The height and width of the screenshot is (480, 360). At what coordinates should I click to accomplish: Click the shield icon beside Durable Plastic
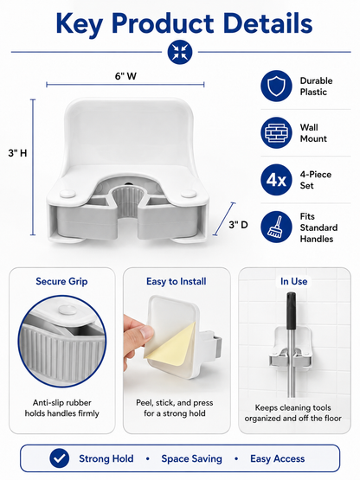[276, 86]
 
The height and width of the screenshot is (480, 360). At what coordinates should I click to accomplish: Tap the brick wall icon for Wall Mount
[276, 132]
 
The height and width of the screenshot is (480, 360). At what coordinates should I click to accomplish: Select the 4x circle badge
[276, 180]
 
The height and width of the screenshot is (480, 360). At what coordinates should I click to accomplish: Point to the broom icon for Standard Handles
[276, 227]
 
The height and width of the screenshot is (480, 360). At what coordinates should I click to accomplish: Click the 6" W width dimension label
[125, 76]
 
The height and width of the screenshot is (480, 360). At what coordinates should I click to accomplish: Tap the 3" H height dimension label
[17, 153]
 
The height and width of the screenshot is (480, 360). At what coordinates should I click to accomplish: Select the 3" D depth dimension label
[238, 225]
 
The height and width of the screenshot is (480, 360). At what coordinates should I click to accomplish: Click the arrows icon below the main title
[180, 52]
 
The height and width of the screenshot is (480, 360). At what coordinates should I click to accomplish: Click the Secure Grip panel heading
[61, 281]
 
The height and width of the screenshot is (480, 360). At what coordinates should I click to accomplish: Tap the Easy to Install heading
[177, 281]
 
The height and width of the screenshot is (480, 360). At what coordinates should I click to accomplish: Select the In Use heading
[294, 281]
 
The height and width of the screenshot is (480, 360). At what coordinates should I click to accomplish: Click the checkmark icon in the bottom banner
[60, 458]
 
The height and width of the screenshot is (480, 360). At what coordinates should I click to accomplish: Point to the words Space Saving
[192, 458]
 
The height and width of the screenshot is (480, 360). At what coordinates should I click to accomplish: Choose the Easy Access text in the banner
[278, 458]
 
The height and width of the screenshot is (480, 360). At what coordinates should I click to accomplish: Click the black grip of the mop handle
[291, 311]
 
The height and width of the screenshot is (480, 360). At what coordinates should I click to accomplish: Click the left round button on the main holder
[67, 193]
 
